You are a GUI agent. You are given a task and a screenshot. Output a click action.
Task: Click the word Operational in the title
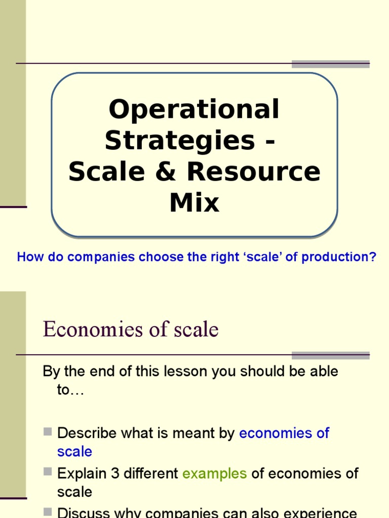pyautogui.click(x=194, y=109)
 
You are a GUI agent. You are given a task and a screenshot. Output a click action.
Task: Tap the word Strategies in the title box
pyautogui.click(x=180, y=140)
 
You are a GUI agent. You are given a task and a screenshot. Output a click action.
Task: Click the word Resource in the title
pyautogui.click(x=253, y=171)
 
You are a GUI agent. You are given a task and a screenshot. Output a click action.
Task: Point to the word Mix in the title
pyautogui.click(x=194, y=202)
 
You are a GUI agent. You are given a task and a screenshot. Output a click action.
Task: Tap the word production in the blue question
pyautogui.click(x=339, y=257)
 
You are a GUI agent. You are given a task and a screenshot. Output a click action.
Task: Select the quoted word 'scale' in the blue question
pyautogui.click(x=265, y=257)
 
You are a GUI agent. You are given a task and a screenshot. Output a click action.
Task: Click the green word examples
pyautogui.click(x=214, y=473)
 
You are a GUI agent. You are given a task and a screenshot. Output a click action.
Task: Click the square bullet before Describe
pyautogui.click(x=48, y=431)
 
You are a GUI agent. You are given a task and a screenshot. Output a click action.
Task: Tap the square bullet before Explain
pyautogui.click(x=48, y=472)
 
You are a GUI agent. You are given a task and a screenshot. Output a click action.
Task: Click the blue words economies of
pyautogui.click(x=284, y=433)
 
